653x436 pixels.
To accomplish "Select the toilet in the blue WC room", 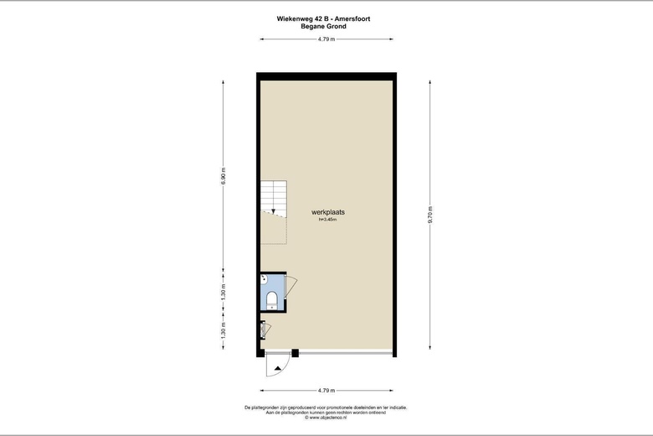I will tap(271, 299).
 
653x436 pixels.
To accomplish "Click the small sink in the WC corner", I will tap(264, 278).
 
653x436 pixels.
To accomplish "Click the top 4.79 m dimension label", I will tap(326, 39).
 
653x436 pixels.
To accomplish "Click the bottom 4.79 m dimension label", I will tap(326, 391).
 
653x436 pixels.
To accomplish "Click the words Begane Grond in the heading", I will tap(324, 26).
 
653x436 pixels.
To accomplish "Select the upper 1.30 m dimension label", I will tap(224, 294).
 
